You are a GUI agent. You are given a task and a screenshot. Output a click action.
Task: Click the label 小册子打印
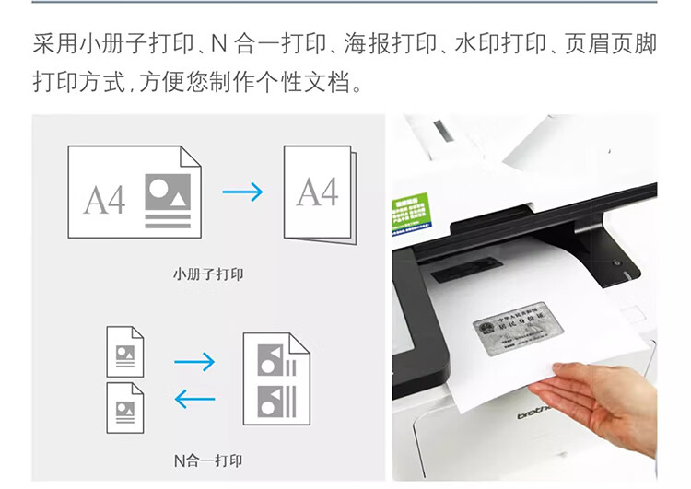pyautogui.click(x=208, y=274)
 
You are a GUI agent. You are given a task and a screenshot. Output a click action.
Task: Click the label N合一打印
pyautogui.click(x=208, y=458)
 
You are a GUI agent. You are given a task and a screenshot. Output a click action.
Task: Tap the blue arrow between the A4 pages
pyautogui.click(x=243, y=192)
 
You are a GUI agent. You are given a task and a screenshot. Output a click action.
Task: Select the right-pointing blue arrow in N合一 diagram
pyautogui.click(x=194, y=362)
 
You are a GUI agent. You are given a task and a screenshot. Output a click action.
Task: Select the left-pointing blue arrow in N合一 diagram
pyautogui.click(x=194, y=399)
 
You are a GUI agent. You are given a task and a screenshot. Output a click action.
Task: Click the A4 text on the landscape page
pyautogui.click(x=104, y=199)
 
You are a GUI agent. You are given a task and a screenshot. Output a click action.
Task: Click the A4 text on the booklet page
pyautogui.click(x=317, y=192)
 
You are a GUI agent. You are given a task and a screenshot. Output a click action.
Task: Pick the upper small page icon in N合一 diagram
pyautogui.click(x=125, y=352)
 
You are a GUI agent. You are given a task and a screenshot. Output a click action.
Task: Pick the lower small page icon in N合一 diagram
pyautogui.click(x=125, y=407)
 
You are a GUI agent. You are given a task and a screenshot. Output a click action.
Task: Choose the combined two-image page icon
pyautogui.click(x=275, y=378)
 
